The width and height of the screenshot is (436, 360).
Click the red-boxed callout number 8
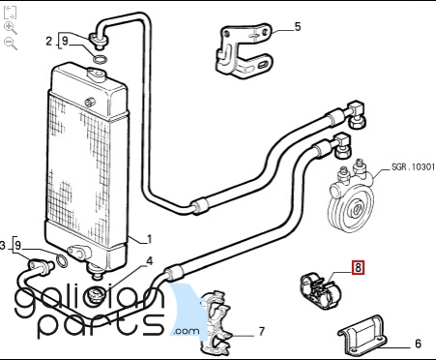pyautogui.click(x=358, y=268)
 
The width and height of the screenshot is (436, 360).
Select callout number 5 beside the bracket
pyautogui.click(x=298, y=27)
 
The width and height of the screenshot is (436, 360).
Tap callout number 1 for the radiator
pyautogui.click(x=149, y=239)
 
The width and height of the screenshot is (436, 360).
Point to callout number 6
pyautogui.click(x=418, y=344)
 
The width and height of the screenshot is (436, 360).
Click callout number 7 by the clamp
pyautogui.click(x=261, y=331)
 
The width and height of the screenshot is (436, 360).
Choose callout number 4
pyautogui.click(x=150, y=261)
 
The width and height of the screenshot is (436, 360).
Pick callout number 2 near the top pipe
pyautogui.click(x=48, y=42)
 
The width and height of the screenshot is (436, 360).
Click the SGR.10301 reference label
pyautogui.click(x=413, y=166)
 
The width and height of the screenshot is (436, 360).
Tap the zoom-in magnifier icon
pyautogui.click(x=11, y=28)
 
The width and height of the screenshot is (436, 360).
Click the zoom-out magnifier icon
pyautogui.click(x=11, y=44)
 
